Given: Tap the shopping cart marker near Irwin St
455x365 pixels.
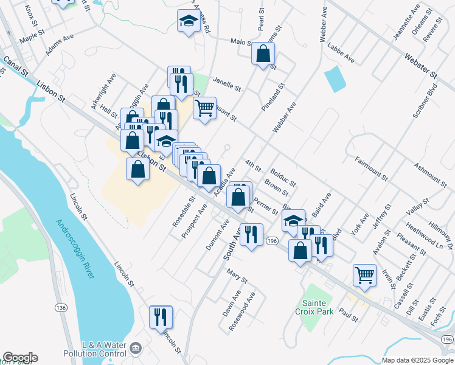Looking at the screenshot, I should coord(364,274).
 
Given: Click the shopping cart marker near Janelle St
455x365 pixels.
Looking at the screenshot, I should coord(205,108).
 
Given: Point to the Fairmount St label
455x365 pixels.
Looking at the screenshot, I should coord(370,169).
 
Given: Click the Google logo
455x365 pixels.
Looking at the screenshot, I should coord(19,358).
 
